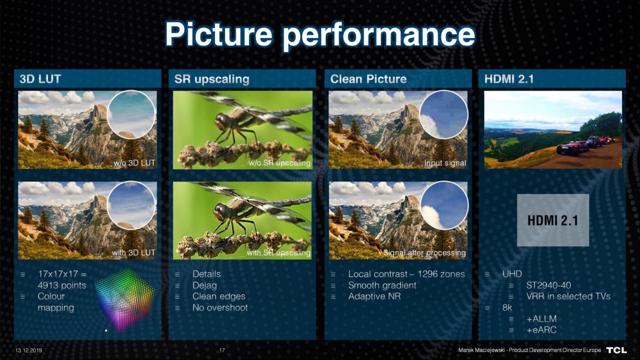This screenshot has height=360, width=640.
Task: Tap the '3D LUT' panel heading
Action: pos(41,79)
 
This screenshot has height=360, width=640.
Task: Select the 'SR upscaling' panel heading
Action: pos(212,79)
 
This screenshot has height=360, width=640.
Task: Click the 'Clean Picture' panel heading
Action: pos(369,79)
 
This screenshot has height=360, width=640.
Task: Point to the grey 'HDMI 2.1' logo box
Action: pos(553,220)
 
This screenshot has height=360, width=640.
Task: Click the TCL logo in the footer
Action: pos(617,350)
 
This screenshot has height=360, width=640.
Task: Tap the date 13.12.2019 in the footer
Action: pos(29,350)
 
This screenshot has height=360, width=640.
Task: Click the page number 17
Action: pos(222,350)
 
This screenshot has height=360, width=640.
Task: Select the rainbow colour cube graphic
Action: pos(125,300)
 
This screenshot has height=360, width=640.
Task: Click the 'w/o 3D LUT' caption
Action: pos(134,163)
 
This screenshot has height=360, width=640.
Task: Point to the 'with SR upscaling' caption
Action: pos(278,253)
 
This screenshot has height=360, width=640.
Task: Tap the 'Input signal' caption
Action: pos(445,163)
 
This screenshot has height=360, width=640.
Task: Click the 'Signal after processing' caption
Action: pos(425,253)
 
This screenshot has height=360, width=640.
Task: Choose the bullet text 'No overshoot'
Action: pos(220,308)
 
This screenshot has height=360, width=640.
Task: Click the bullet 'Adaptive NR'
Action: pos(374,297)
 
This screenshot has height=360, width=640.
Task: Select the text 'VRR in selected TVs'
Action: pos(569,297)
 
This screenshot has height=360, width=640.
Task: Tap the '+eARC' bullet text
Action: pos(541,330)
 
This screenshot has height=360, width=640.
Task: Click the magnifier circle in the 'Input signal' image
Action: pos(444,115)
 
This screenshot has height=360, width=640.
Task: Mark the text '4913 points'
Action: pos(62,285)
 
